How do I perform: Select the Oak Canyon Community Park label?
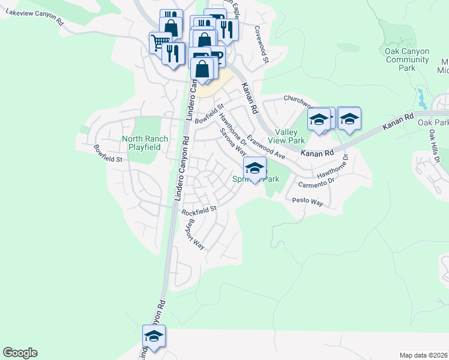[407, 60]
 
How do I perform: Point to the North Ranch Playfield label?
[145, 143]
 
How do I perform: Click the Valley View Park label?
[290, 136]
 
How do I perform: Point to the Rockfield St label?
[199, 211]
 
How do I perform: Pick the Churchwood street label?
[298, 98]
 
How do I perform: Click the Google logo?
[20, 353]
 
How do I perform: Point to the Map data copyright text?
[423, 355]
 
